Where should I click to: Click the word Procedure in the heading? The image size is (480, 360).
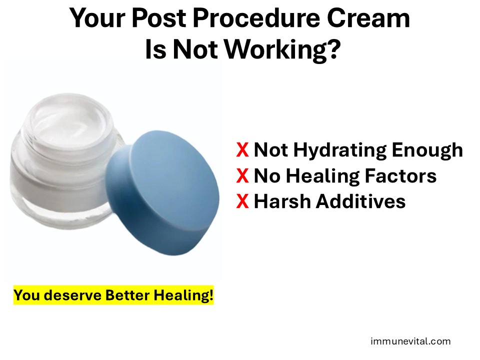coord(256,18)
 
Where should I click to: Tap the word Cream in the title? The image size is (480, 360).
coord(368,18)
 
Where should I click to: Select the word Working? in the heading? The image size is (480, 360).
coord(282,49)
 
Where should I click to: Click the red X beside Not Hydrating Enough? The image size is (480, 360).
coord(242,149)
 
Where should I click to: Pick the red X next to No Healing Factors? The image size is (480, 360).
coord(242,175)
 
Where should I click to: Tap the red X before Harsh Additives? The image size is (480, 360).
coord(242,201)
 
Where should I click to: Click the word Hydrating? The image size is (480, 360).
coord(340,150)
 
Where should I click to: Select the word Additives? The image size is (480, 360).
coord(360,201)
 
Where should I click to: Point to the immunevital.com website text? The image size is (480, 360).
coord(410,341)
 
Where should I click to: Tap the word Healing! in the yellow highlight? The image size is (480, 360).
coord(183,295)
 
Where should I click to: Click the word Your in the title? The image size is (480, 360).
coord(97,18)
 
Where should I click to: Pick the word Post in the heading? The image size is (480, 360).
coord(159,18)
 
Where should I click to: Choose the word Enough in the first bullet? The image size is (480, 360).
coord(427,150)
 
